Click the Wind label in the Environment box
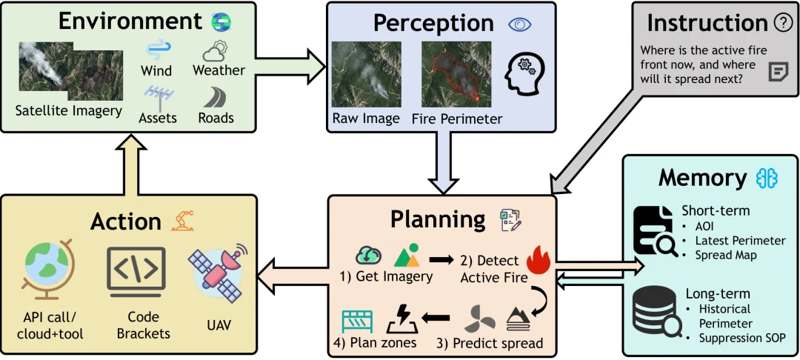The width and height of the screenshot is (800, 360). point(156,70)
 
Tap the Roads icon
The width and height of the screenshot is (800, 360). point(216,96)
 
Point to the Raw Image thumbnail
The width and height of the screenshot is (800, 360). point(367,75)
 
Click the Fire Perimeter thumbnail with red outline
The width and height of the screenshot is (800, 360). point(456,75)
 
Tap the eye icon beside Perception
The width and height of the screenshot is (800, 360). point(520,24)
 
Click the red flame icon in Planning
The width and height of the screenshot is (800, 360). point(537,260)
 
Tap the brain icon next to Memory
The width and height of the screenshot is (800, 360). point(767,179)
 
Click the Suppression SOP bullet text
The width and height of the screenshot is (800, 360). point(742,338)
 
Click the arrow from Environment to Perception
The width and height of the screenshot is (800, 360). point(290,65)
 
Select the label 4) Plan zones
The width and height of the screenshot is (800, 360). point(379,342)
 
